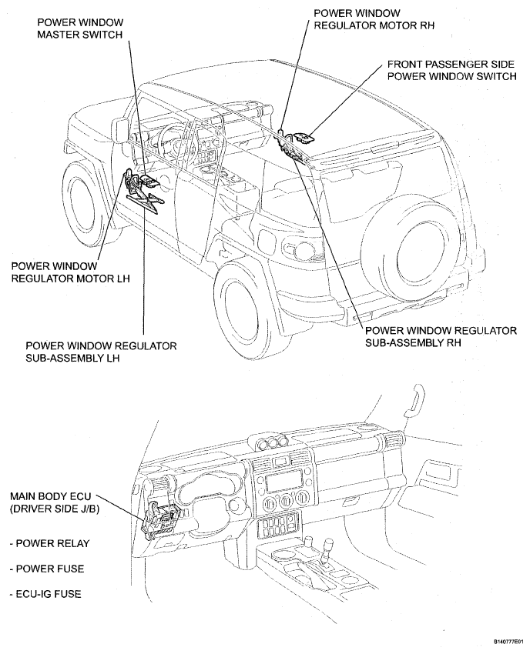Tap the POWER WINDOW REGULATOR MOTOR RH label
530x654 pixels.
372,18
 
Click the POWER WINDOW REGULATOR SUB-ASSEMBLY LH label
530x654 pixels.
101,352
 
